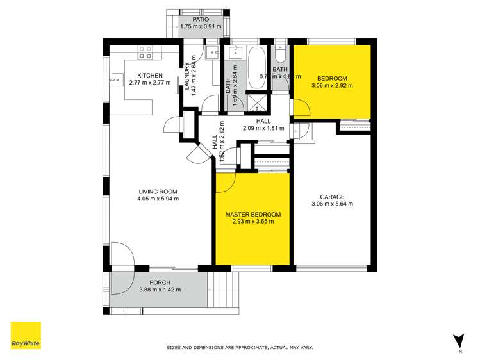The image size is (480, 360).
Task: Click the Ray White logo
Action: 26,336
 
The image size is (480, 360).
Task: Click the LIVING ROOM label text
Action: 158,192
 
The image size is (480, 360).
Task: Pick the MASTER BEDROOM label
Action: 252,214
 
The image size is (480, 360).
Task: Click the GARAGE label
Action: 333,197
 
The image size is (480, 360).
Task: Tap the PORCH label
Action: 160,282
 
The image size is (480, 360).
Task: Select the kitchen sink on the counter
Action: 117,80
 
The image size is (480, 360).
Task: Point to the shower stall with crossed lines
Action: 258,103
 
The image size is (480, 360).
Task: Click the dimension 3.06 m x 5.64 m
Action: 333,204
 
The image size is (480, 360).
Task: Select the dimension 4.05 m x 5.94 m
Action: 158,199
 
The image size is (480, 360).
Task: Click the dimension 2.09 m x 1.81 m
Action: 263,127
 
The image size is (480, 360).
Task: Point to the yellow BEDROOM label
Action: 332,78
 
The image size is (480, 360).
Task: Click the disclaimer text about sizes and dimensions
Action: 240,347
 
